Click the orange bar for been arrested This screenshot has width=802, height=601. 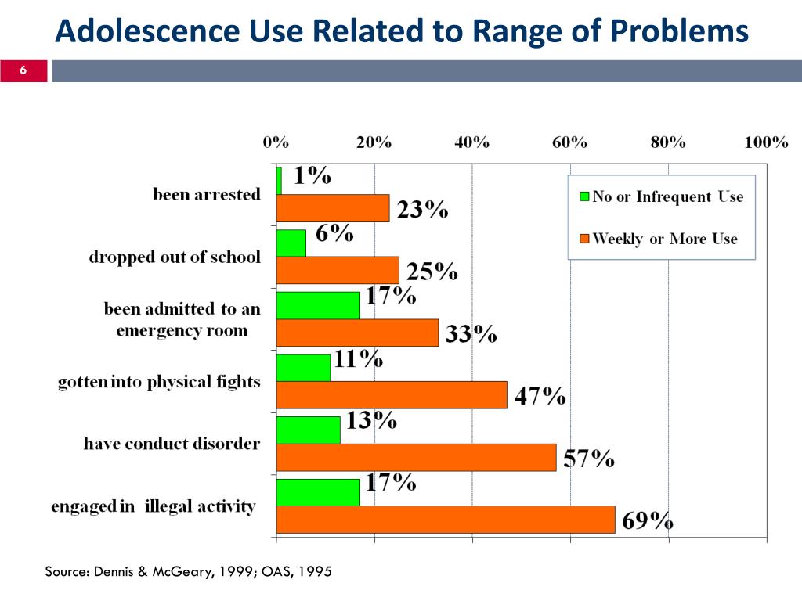point(333,208)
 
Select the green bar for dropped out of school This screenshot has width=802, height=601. point(291,243)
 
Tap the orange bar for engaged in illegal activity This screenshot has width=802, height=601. point(446,520)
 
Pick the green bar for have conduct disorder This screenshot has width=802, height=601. point(309,430)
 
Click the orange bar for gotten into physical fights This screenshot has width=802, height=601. point(392,395)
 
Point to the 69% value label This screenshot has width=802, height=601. point(648,520)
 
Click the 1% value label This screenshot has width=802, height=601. point(312,177)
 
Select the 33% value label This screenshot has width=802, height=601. point(471,334)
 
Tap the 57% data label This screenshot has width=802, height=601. point(589,459)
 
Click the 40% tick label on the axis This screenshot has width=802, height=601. point(471,142)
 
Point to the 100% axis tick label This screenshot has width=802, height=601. point(765,142)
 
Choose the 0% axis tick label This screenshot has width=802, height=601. point(276,142)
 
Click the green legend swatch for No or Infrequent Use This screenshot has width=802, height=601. point(583,196)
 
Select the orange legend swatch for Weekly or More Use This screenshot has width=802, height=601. point(583,239)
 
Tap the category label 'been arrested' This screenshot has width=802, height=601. point(207,194)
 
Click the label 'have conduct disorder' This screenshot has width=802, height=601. point(172,444)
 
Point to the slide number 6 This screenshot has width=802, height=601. point(23,72)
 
